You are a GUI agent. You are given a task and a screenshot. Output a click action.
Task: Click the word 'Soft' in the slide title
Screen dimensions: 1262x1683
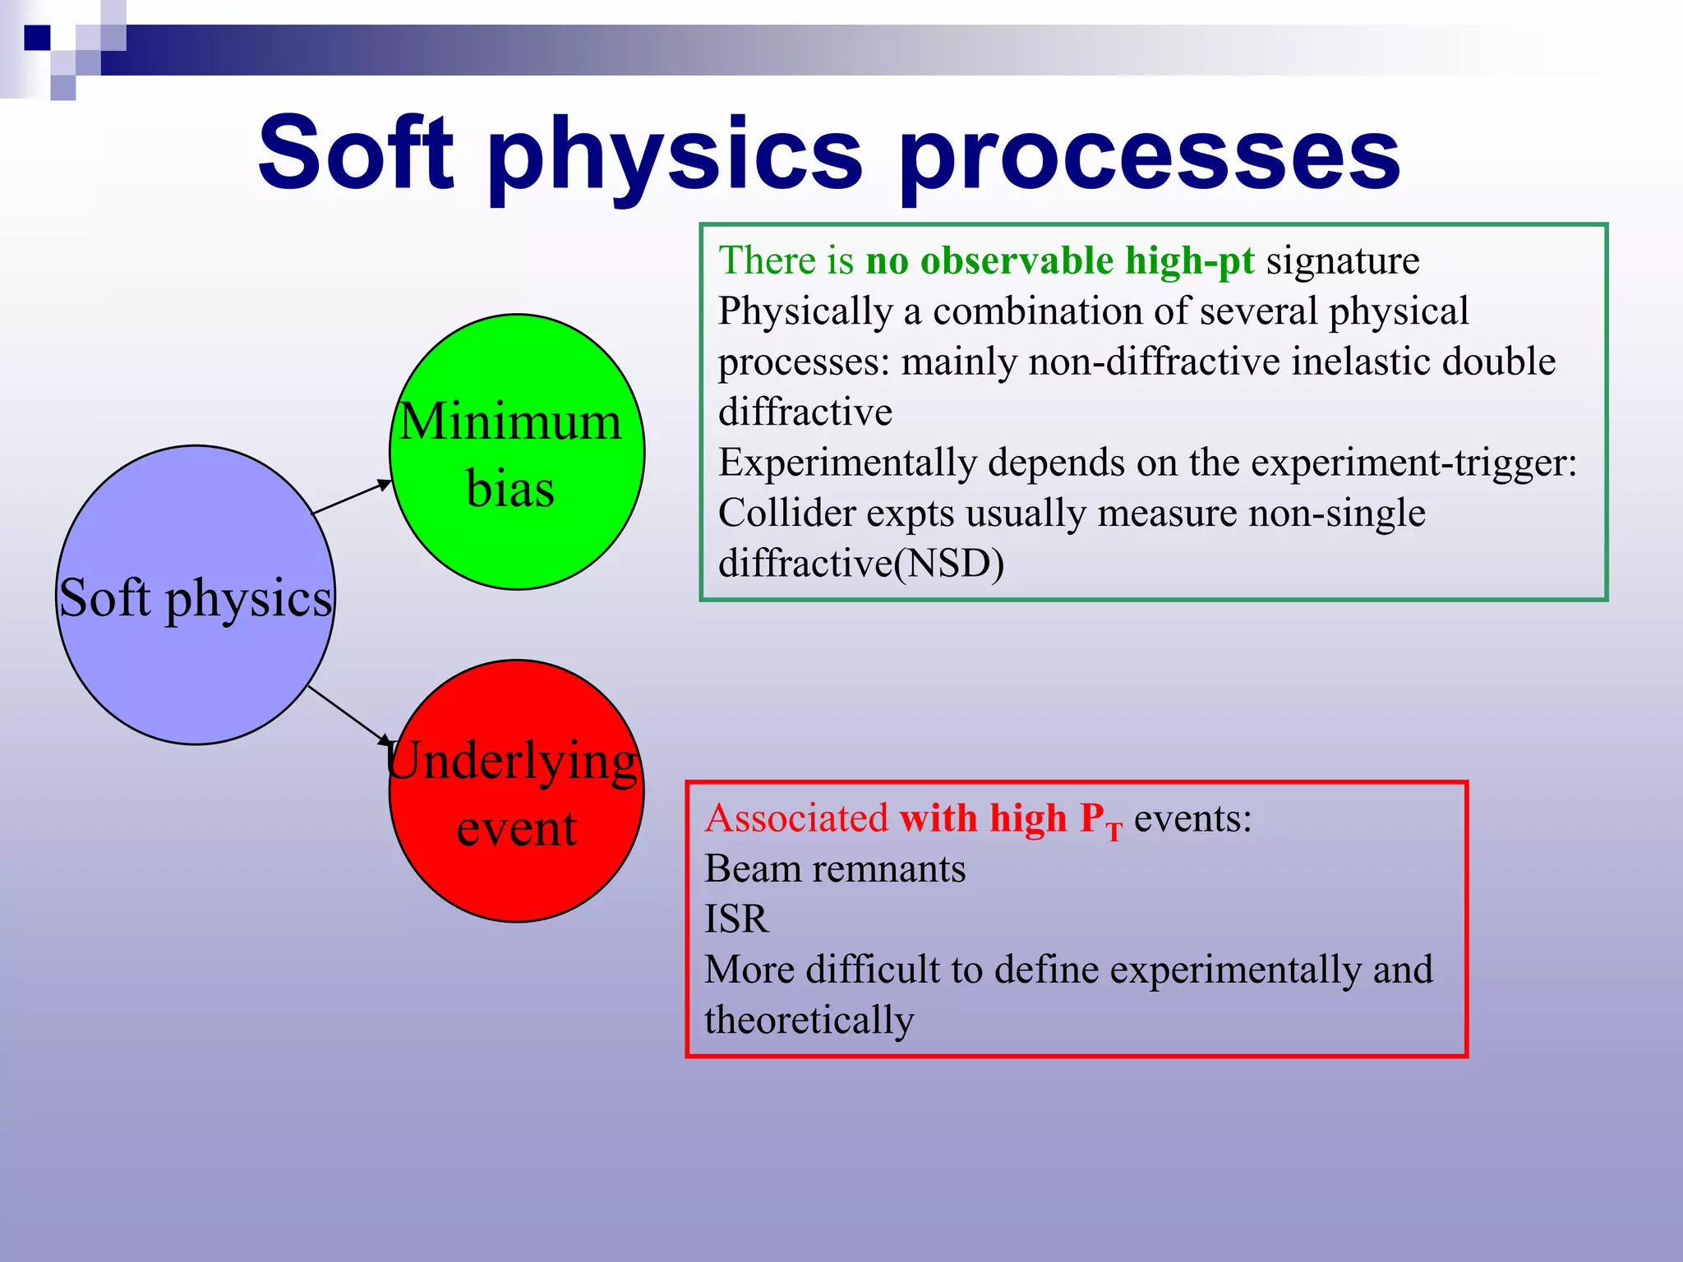(x=355, y=154)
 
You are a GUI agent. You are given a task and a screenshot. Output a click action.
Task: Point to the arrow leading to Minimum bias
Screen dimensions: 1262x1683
(x=352, y=498)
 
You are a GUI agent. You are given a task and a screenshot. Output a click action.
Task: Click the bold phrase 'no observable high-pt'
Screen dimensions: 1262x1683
(x=1060, y=260)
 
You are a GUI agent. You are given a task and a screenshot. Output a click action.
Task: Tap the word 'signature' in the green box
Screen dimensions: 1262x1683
(x=1342, y=260)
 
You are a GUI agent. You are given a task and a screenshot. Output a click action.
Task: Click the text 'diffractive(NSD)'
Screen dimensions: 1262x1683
(x=860, y=564)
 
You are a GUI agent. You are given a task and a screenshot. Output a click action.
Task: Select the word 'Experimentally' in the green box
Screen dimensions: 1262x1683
(x=847, y=463)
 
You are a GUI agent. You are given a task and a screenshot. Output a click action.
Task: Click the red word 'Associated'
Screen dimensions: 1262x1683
(x=795, y=818)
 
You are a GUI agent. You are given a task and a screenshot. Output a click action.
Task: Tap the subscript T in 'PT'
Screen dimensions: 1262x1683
(x=1114, y=833)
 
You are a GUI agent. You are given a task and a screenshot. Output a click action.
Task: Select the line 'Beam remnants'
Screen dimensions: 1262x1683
(x=834, y=869)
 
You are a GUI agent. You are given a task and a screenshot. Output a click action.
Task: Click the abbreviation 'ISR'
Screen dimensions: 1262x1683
(x=736, y=919)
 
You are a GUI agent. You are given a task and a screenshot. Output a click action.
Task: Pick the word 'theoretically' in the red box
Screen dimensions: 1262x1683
(x=809, y=1020)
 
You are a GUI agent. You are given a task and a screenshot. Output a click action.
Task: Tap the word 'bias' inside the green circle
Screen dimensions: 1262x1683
(x=510, y=489)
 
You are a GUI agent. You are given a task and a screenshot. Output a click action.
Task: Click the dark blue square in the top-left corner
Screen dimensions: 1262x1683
(x=37, y=38)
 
